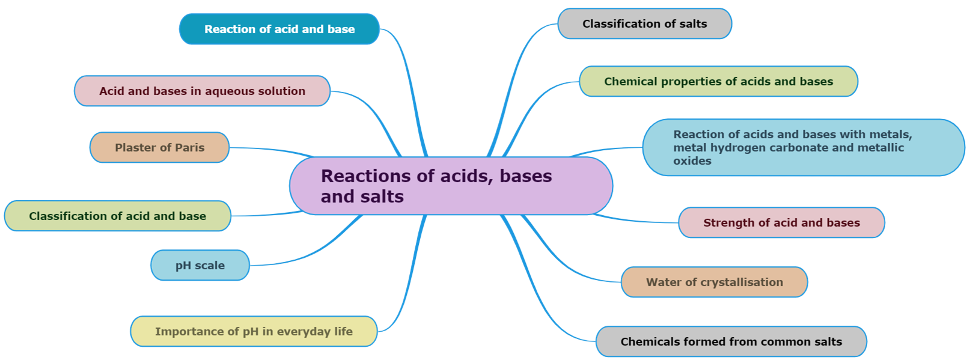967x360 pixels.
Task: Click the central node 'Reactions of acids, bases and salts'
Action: [451, 186]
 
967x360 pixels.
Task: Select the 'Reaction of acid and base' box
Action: [279, 29]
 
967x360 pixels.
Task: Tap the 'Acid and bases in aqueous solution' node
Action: [202, 91]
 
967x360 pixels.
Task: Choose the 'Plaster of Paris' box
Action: [159, 147]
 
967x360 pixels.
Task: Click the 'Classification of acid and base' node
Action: [117, 216]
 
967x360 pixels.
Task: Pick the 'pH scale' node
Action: [200, 265]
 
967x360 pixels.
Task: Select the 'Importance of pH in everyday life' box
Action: [254, 331]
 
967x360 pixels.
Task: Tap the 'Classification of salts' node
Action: [644, 24]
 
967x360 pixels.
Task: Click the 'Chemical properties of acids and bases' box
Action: [718, 81]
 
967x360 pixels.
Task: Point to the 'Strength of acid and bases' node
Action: [781, 222]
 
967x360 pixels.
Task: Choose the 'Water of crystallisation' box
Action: [714, 282]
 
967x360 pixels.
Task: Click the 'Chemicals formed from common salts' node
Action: [731, 341]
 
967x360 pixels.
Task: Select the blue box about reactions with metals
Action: [803, 147]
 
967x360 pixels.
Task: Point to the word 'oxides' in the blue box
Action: [692, 161]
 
